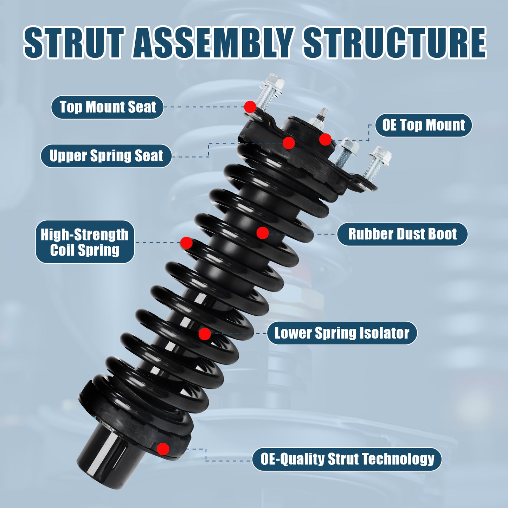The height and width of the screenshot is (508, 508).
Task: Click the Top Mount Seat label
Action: click(107, 107)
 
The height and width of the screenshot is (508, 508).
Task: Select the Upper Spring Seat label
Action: click(106, 156)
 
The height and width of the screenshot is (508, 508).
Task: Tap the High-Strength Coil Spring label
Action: click(85, 242)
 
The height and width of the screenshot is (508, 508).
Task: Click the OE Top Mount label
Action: click(423, 125)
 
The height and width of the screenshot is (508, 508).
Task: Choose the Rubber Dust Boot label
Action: click(402, 234)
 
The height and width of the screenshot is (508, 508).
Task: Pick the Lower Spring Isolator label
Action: click(342, 333)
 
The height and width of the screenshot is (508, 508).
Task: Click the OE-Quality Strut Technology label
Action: click(347, 459)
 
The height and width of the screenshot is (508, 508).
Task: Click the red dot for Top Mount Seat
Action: click(250, 107)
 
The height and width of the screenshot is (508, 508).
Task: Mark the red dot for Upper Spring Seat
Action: click(289, 143)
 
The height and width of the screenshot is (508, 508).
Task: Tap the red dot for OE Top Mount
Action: click(325, 140)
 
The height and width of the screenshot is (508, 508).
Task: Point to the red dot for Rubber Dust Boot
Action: click(263, 233)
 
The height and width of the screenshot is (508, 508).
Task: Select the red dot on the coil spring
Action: click(186, 243)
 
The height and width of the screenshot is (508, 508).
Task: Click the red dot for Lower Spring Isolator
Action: click(205, 334)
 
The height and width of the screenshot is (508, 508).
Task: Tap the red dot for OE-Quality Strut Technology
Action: click(163, 449)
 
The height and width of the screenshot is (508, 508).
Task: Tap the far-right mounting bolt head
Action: click(382, 155)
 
